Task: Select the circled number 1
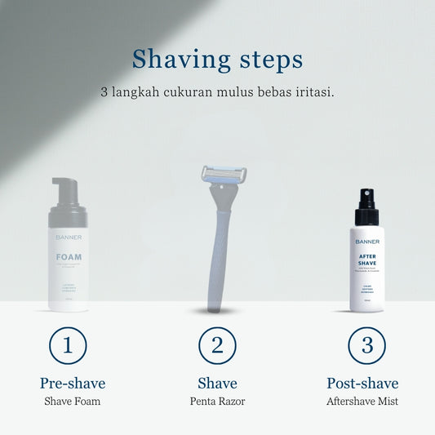tap(68, 345)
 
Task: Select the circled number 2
tap(217, 345)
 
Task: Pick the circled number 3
tap(367, 345)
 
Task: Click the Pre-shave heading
tap(73, 383)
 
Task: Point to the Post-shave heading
tap(362, 383)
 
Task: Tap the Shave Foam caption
tap(73, 402)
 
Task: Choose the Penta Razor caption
tap(217, 402)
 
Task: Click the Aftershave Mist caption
tap(362, 402)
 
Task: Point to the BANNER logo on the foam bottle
tap(69, 237)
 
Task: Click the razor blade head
tap(224, 175)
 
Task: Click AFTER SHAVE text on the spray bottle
tap(366, 260)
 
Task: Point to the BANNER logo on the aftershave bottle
tap(366, 241)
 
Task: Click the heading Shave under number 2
tap(217, 383)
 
